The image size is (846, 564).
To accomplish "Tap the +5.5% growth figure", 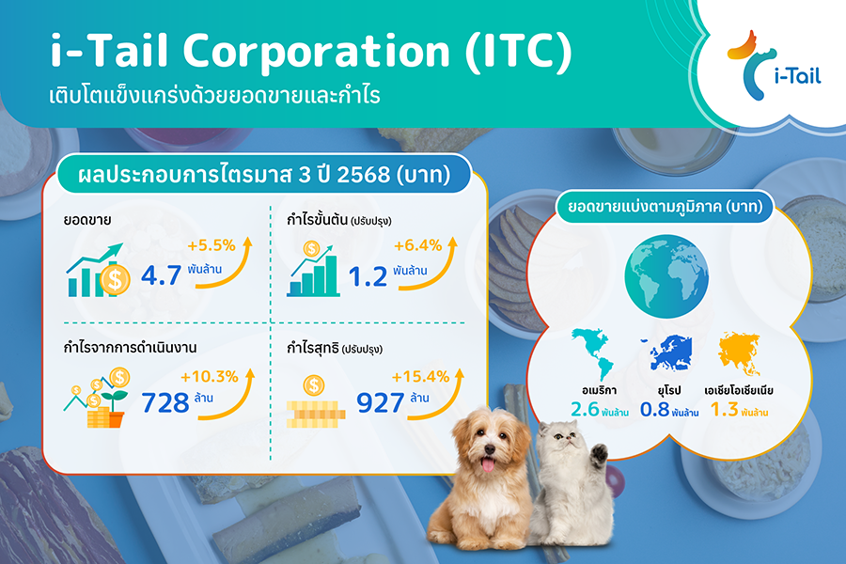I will point(211,245).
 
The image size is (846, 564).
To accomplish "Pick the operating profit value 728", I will point(165,402).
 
